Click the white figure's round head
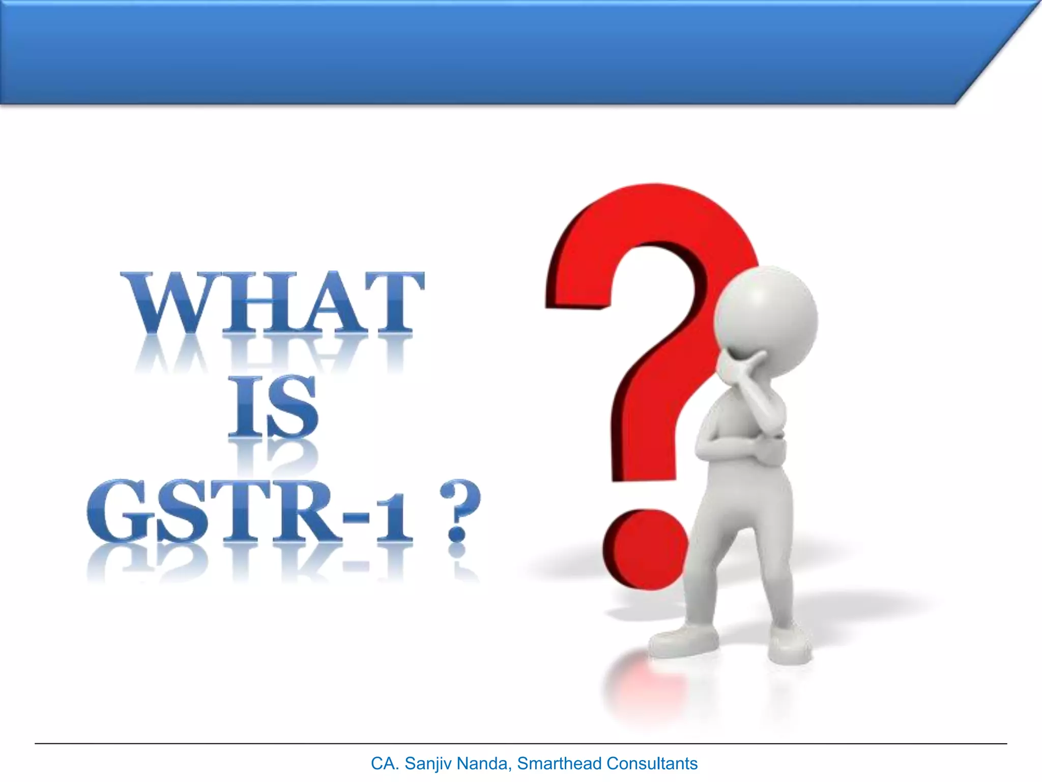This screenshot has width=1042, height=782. pos(765,318)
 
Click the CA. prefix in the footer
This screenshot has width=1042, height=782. pos(385,764)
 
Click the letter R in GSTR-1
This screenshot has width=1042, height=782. pos(305,512)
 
